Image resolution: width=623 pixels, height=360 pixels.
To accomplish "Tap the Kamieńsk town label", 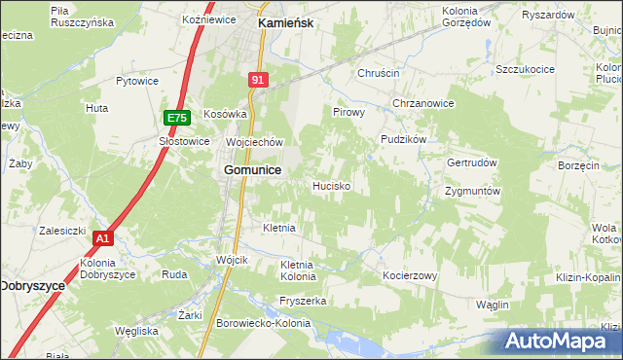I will pos(284,20).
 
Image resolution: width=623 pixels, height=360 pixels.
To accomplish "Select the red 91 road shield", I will pos(257,82).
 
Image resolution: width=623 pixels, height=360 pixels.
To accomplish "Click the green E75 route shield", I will pos(176,118).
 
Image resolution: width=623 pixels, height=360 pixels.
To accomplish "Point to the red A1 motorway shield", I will pos(104,238).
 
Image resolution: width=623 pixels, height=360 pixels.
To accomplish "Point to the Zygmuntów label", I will pos(472,192).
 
